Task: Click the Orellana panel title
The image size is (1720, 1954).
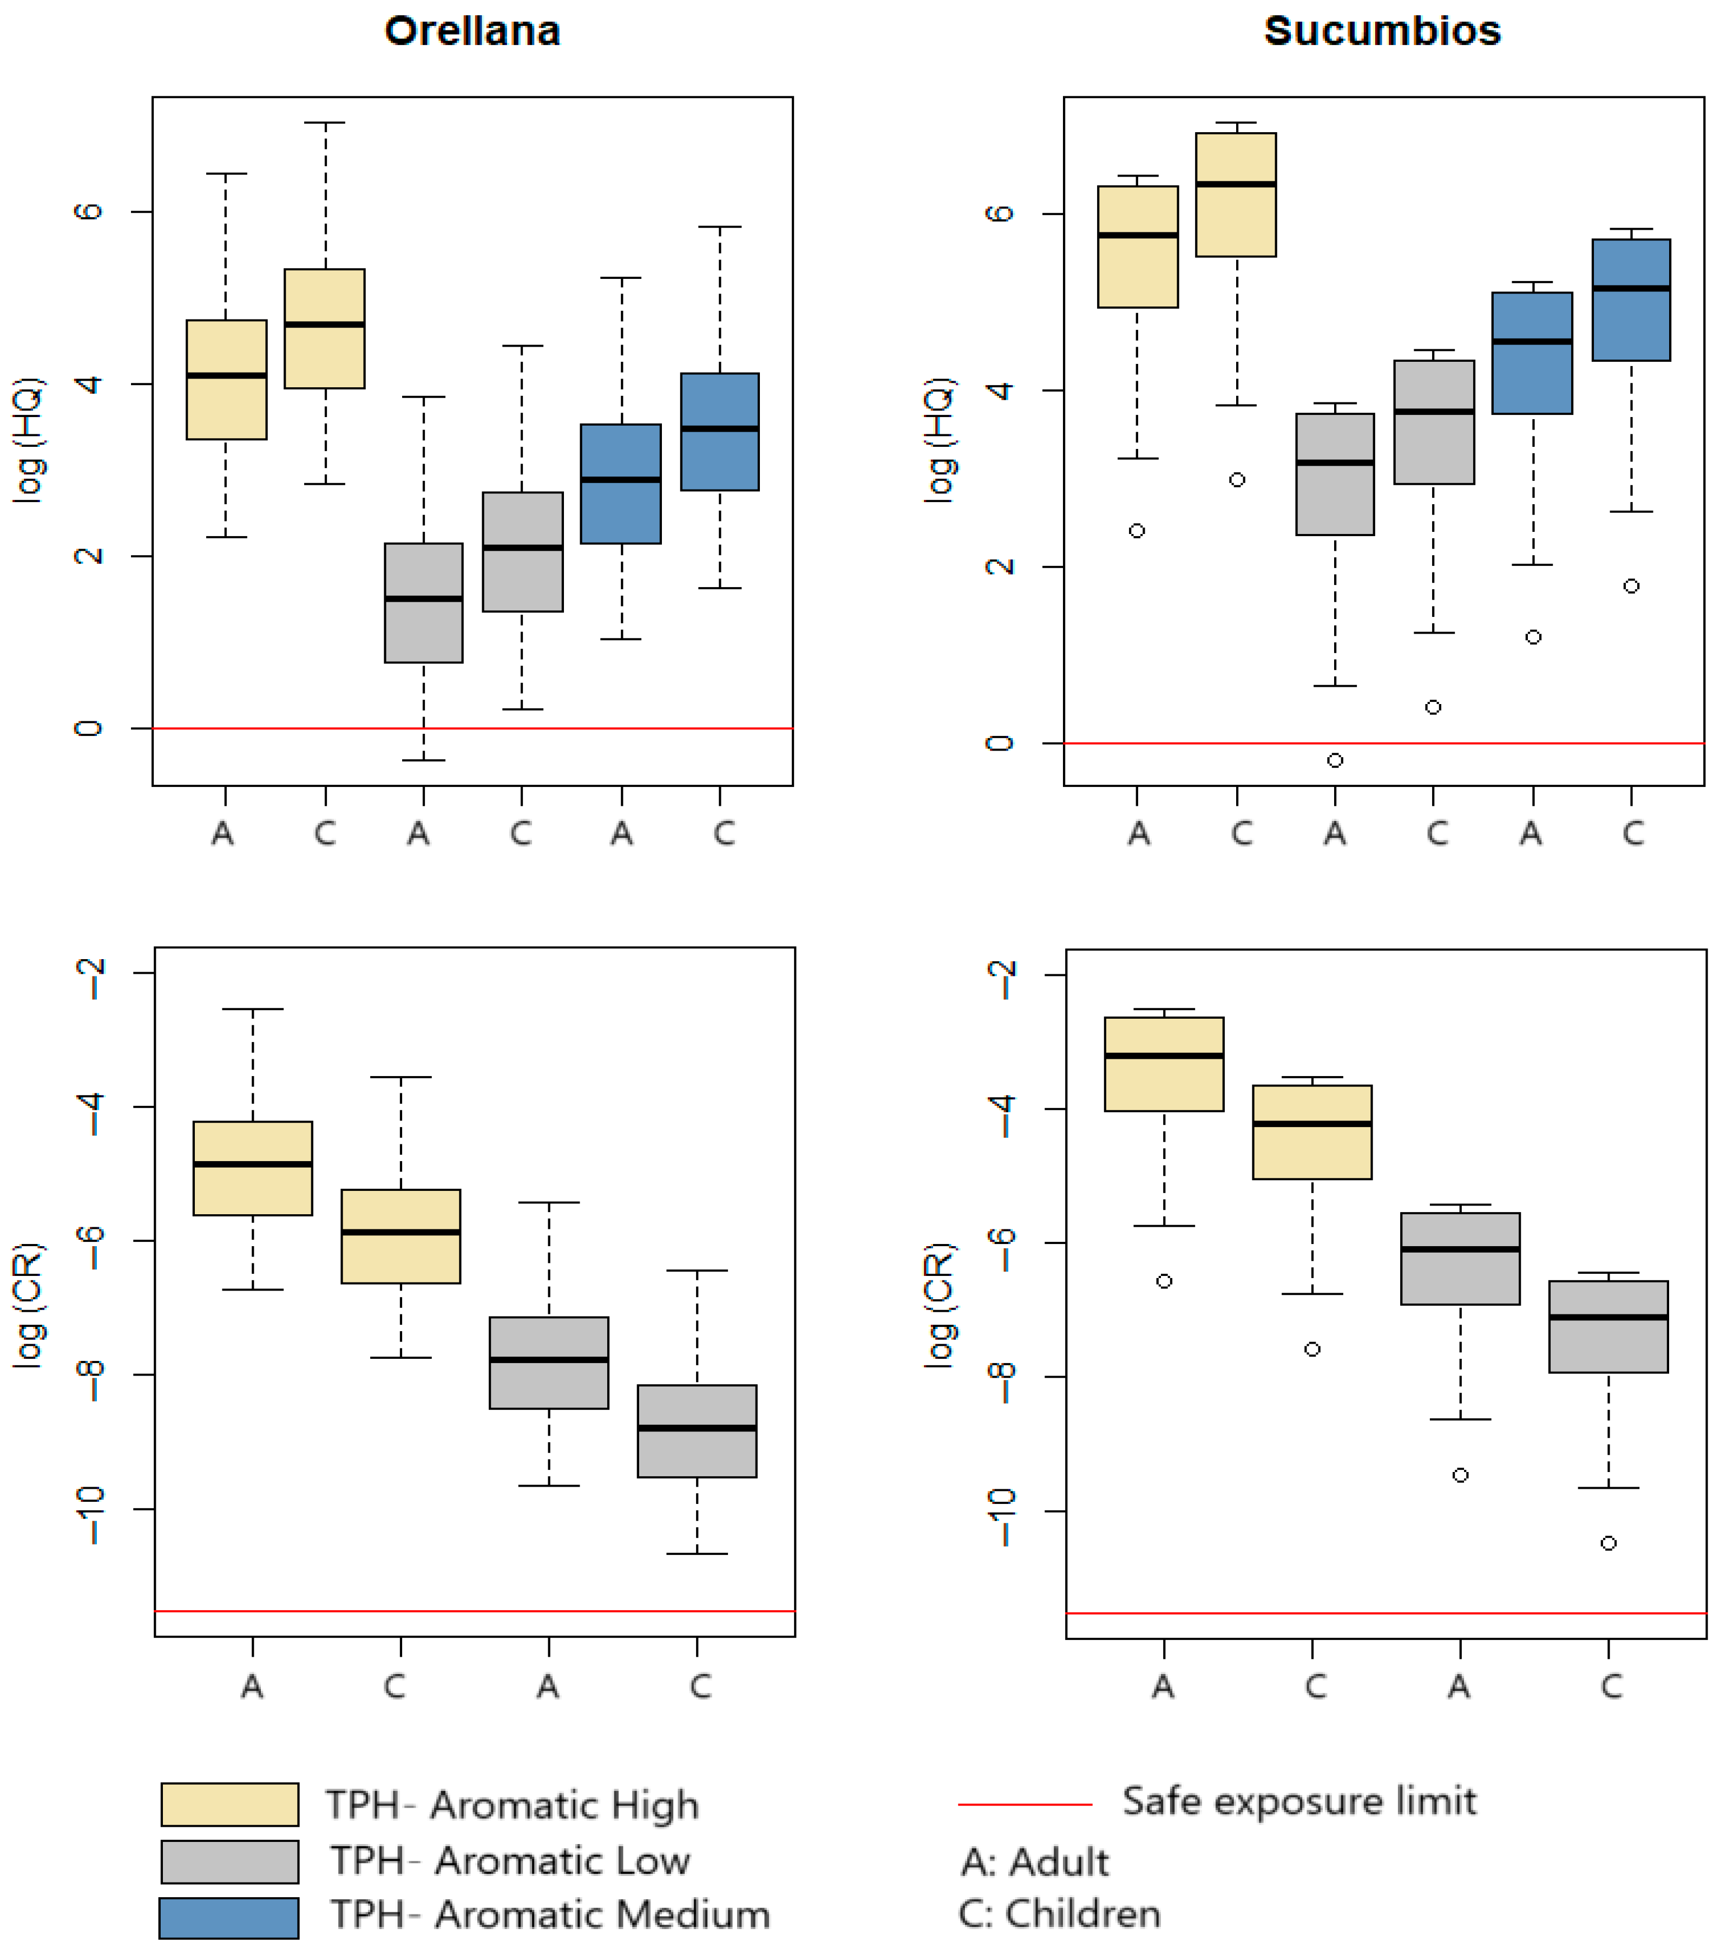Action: [472, 31]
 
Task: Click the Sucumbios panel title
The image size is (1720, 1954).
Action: [1382, 31]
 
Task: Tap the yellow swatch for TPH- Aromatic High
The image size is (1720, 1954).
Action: [229, 1805]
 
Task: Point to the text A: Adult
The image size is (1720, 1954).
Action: [1035, 1862]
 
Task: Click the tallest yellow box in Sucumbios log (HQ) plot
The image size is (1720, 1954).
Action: [1237, 195]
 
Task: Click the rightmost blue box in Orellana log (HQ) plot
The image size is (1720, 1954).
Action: [719, 432]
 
